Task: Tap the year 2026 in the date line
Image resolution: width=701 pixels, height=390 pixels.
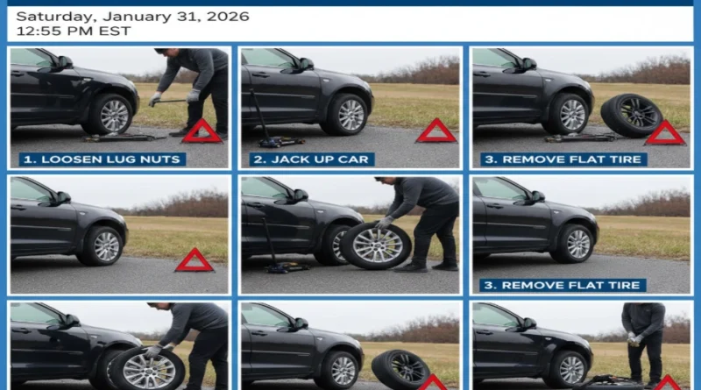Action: (x=226, y=17)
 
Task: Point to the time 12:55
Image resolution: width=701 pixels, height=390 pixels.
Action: (x=39, y=32)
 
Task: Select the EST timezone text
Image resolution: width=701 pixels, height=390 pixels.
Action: (x=116, y=32)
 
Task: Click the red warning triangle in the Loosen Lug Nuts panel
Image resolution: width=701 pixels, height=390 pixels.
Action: (x=202, y=131)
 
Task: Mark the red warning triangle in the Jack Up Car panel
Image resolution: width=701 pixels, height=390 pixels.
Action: (x=436, y=131)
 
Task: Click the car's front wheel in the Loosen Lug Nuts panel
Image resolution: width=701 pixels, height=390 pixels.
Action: (x=115, y=115)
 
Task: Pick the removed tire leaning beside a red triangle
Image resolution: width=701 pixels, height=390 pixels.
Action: (x=631, y=115)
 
